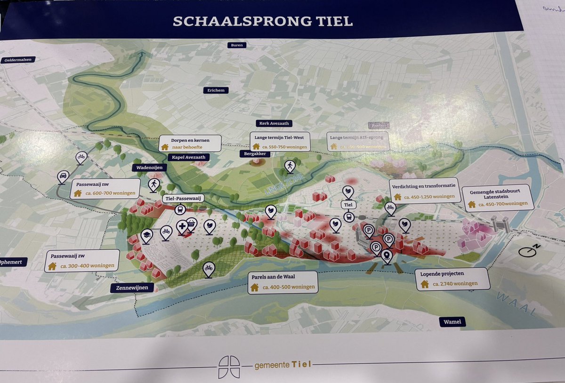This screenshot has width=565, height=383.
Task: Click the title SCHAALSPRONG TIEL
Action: point(263,21)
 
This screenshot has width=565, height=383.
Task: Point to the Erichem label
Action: point(216,90)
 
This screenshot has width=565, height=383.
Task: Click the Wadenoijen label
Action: point(145,167)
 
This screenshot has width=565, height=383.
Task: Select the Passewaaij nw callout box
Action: point(105,189)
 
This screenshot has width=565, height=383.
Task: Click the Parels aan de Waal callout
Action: point(281,282)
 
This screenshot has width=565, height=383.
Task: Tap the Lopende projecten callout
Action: point(452,279)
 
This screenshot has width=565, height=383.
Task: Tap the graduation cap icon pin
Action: point(146,235)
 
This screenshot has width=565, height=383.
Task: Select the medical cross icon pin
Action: point(182,227)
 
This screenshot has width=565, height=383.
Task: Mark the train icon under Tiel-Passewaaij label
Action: point(179,209)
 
